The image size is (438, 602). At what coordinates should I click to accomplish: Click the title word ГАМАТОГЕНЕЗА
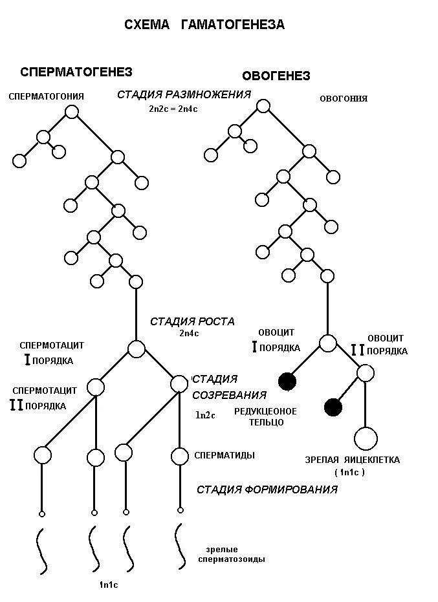tap(233, 25)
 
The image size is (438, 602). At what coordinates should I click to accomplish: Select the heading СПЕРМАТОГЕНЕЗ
tap(76, 72)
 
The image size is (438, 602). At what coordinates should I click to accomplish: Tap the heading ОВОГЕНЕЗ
tap(276, 76)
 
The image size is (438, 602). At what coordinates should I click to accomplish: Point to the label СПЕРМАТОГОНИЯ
tap(47, 96)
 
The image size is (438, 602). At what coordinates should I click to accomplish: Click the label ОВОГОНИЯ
tap(344, 99)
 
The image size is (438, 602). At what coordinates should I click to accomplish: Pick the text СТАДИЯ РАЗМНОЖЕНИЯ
tap(184, 94)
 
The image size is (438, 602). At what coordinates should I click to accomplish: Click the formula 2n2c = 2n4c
tap(173, 109)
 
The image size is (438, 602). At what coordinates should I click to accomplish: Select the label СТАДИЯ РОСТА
tap(192, 321)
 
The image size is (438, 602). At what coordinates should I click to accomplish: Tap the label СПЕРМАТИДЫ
tap(224, 455)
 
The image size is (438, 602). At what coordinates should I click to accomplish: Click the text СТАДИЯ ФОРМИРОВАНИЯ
tap(267, 489)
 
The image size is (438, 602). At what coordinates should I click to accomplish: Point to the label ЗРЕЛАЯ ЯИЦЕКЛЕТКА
tap(353, 460)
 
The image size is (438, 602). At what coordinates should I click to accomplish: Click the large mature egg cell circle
tap(366, 438)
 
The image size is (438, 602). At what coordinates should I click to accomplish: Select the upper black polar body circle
tap(287, 382)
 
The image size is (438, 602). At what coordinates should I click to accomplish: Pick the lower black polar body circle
tap(333, 407)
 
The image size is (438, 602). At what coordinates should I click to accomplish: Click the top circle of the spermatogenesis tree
tap(72, 112)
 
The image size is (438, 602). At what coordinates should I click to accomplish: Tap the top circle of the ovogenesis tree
tap(263, 106)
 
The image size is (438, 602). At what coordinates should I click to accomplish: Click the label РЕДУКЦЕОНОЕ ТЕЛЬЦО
tap(265, 416)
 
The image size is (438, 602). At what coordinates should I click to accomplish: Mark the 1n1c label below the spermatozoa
tap(108, 585)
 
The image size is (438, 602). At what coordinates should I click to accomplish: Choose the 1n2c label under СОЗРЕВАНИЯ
tap(205, 415)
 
